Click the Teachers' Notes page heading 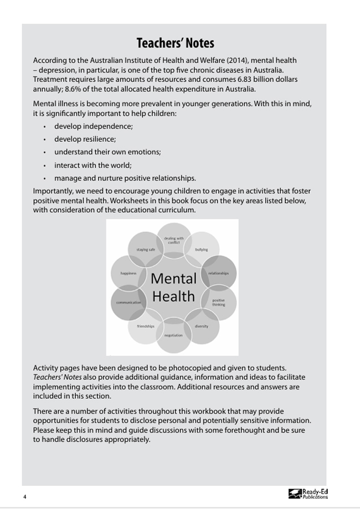[x=175, y=43]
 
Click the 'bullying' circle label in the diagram [x=201, y=250]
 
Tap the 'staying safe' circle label [x=146, y=250]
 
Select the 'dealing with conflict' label [x=173, y=240]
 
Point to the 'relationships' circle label [x=218, y=273]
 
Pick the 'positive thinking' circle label [x=218, y=302]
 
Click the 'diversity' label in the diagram [x=202, y=326]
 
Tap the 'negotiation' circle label [x=173, y=335]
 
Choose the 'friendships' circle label [x=146, y=326]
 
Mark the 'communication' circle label [x=128, y=302]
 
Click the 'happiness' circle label [x=128, y=273]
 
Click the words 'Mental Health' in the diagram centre [x=173, y=287]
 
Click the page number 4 [x=25, y=496]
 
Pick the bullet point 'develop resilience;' [x=85, y=139]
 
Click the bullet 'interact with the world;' [x=92, y=165]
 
